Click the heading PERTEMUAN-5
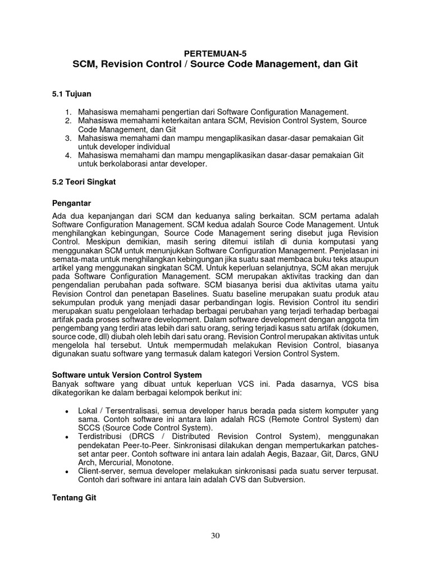(x=215, y=53)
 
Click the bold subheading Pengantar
(x=71, y=202)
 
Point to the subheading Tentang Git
(x=74, y=497)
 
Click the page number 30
(x=215, y=536)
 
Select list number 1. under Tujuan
(x=68, y=112)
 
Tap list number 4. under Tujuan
(x=68, y=155)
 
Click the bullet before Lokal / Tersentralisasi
(x=67, y=411)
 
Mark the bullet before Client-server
(x=67, y=471)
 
